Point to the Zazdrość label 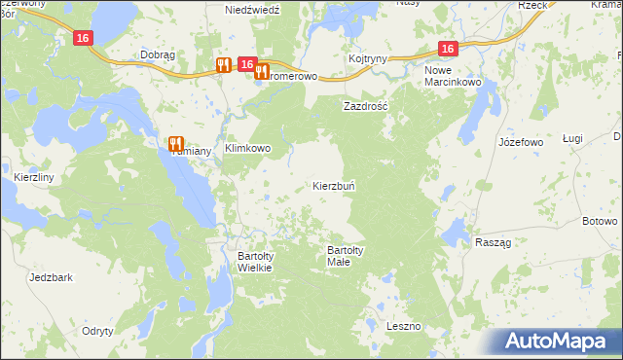(x=365, y=106)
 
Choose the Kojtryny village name (x=368, y=58)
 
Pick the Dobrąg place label (x=157, y=55)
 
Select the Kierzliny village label (x=34, y=178)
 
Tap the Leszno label (x=402, y=325)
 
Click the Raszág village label (x=493, y=242)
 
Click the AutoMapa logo (x=558, y=341)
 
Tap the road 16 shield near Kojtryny (x=447, y=49)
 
